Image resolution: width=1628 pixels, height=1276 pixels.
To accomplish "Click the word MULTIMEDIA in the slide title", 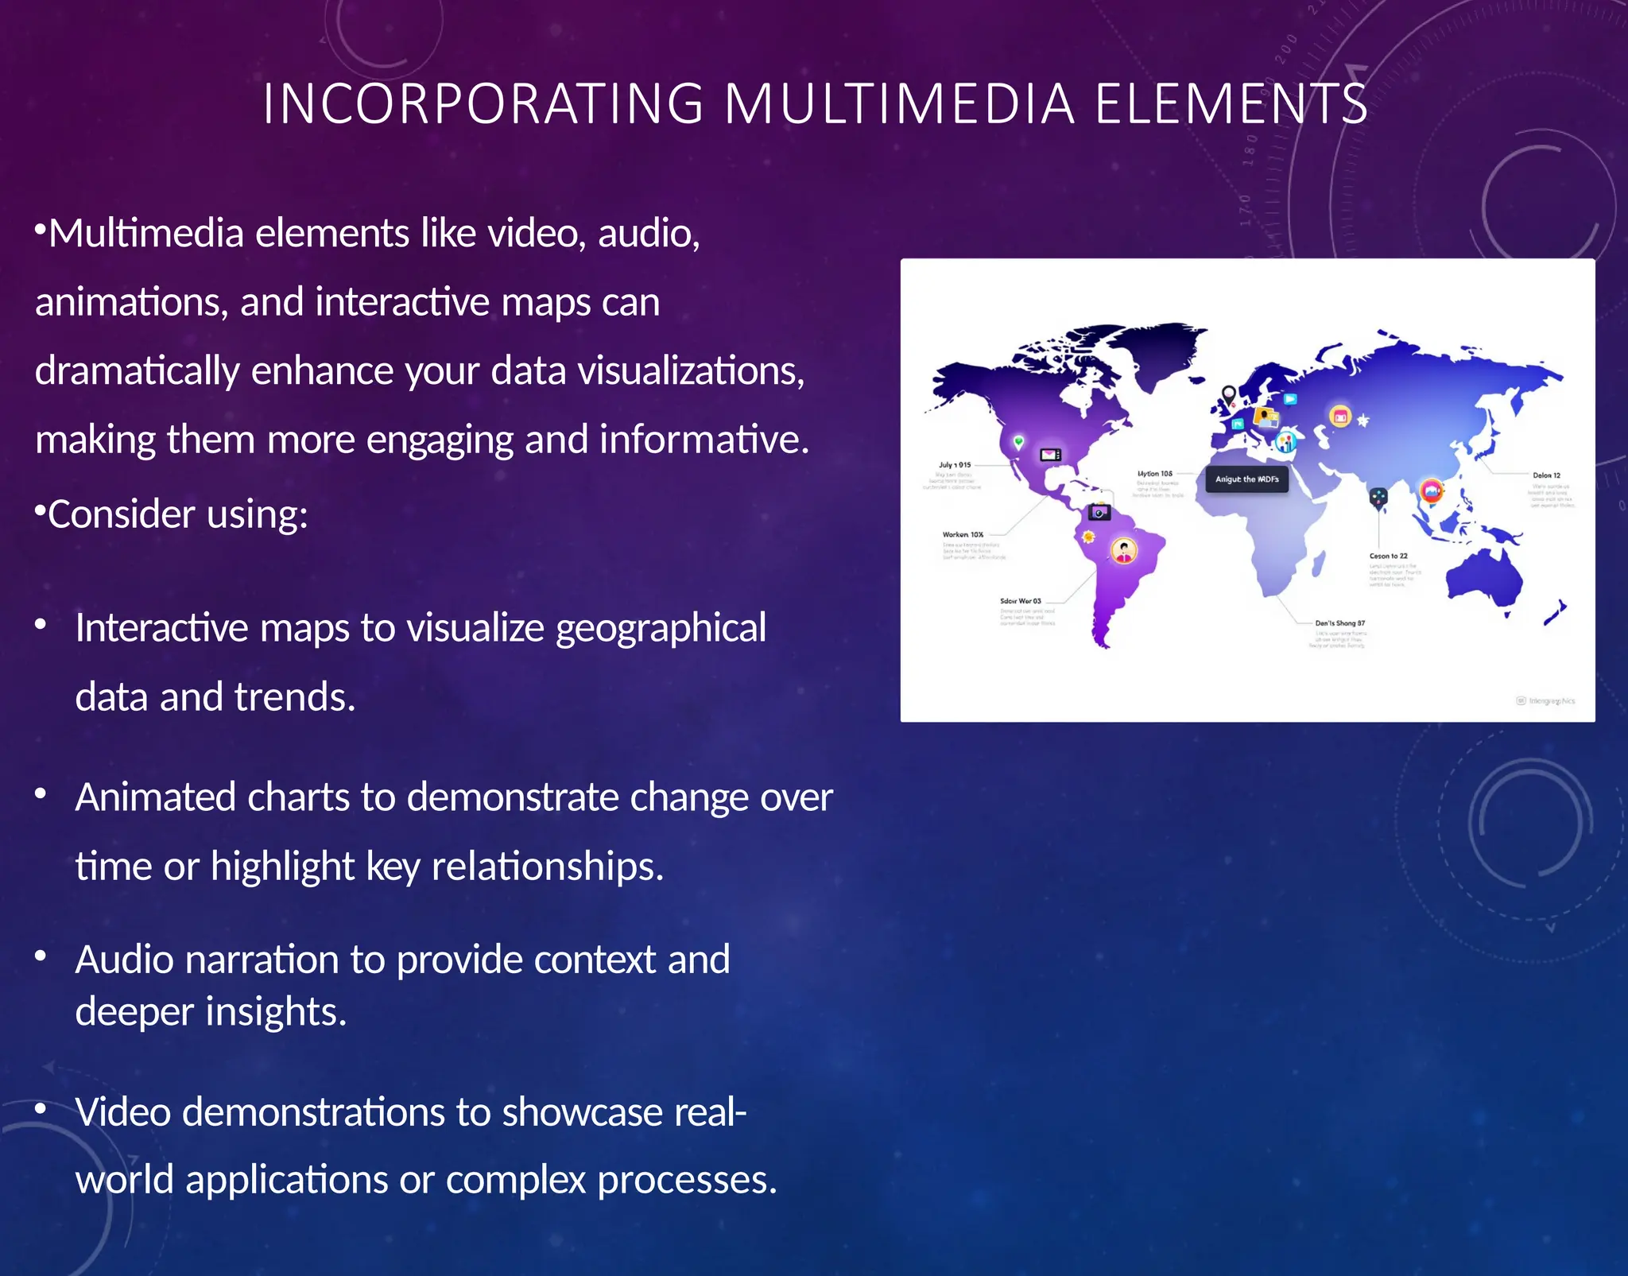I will [899, 104].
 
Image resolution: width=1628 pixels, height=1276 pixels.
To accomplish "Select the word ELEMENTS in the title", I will [1231, 104].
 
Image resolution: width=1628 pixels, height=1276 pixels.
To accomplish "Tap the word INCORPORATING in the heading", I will [483, 104].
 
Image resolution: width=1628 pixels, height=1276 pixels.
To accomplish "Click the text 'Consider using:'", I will [177, 514].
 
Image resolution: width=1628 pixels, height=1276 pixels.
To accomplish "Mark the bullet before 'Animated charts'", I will [41, 793].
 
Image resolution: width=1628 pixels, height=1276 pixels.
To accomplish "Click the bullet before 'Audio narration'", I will [41, 956].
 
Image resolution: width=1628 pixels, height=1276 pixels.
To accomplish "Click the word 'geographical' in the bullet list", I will [661, 628].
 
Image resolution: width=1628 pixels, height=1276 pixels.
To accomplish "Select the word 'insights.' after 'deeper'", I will [277, 1012].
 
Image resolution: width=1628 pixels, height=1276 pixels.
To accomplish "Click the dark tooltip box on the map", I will [1246, 479].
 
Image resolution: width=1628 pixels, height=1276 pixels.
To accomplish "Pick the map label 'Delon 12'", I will [1546, 475].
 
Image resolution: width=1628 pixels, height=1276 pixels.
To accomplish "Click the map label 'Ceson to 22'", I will [1388, 557].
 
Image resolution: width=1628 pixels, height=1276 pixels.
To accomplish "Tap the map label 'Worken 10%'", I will [963, 535].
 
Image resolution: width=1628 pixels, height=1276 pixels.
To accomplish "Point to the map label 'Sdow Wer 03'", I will [1020, 601].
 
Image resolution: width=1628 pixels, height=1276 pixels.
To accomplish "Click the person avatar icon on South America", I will [1123, 549].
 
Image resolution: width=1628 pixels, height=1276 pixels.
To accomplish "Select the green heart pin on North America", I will [1018, 441].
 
